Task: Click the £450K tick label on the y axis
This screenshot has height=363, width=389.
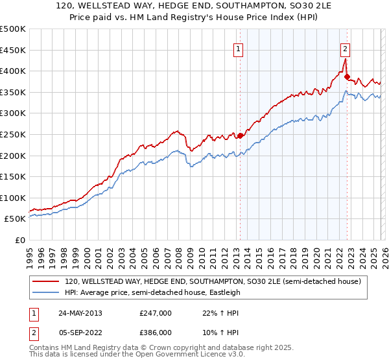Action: pyautogui.click(x=13, y=50)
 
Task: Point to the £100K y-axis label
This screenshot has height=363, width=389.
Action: pyautogui.click(x=13, y=198)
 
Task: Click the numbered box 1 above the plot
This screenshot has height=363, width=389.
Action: pyautogui.click(x=239, y=48)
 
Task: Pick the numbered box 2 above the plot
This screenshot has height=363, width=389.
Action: pyautogui.click(x=345, y=48)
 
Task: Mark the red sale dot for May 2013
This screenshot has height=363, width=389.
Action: pyautogui.click(x=240, y=135)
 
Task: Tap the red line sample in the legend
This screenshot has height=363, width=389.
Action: pyautogui.click(x=45, y=281)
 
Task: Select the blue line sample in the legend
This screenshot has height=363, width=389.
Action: pyautogui.click(x=45, y=292)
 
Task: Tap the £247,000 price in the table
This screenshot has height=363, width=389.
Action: pyautogui.click(x=155, y=312)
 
